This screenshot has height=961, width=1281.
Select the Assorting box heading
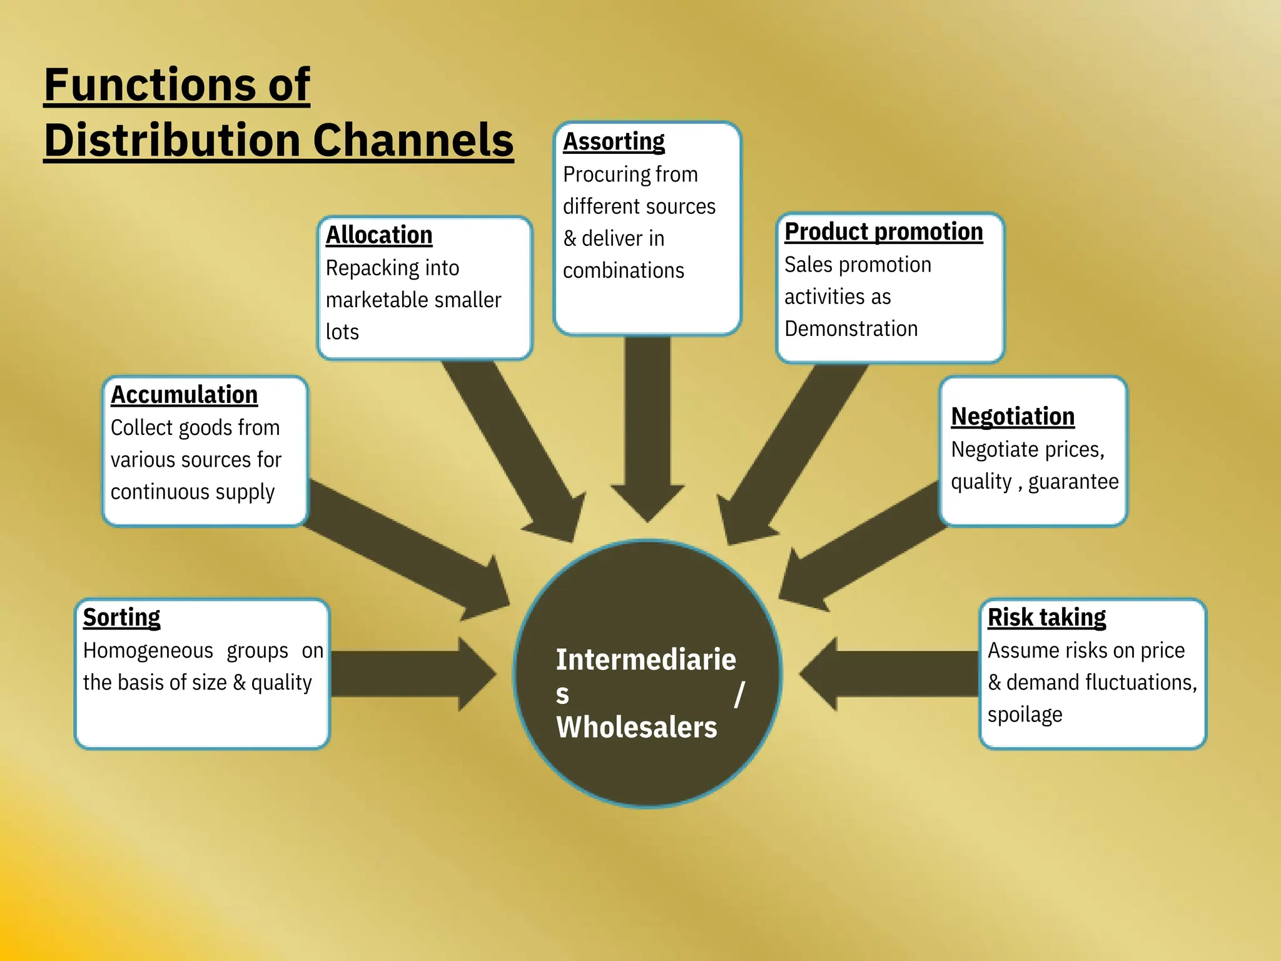(x=614, y=142)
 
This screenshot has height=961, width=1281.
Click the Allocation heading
(x=379, y=235)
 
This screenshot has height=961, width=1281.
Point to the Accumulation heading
(x=184, y=395)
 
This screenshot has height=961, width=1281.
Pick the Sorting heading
(x=121, y=618)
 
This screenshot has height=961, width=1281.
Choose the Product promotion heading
(x=883, y=232)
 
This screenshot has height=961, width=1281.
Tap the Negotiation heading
(x=1012, y=417)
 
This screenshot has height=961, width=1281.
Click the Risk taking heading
(x=1046, y=618)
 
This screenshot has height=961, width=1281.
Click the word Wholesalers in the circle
(x=636, y=728)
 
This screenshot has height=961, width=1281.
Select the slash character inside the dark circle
(x=739, y=694)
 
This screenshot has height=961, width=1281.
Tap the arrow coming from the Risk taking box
(x=888, y=674)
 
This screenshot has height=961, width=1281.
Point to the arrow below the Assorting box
(x=647, y=425)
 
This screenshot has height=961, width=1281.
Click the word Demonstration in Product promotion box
(x=851, y=329)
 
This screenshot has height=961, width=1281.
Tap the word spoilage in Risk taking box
(x=1025, y=715)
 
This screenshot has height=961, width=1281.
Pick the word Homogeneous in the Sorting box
(x=148, y=651)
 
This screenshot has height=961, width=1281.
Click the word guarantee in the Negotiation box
(x=1073, y=482)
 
